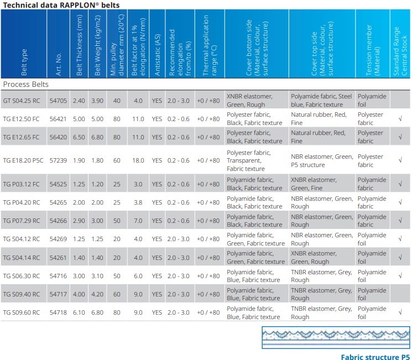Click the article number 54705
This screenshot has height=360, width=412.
click(x=58, y=101)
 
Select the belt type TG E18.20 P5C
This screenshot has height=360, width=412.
click(x=23, y=160)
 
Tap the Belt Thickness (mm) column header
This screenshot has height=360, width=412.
click(x=79, y=45)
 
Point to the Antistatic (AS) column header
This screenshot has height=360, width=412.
click(x=157, y=55)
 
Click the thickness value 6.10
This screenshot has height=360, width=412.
click(x=79, y=312)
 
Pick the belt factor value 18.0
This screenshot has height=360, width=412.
click(x=138, y=160)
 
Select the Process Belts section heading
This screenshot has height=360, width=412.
click(x=26, y=84)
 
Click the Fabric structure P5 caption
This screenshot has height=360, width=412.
click(x=375, y=357)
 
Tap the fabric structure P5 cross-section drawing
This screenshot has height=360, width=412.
click(x=336, y=337)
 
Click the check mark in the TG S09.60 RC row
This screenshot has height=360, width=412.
click(x=400, y=312)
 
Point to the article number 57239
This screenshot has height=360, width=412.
click(x=58, y=160)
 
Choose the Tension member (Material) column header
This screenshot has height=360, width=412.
click(x=373, y=50)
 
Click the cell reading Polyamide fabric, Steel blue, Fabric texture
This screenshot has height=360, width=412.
click(x=321, y=101)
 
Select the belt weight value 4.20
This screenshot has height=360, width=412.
click(x=97, y=294)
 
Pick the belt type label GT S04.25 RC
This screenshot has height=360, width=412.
click(x=22, y=101)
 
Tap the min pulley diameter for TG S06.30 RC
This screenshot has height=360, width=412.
click(x=117, y=276)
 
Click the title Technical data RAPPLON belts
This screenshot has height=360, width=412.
click(x=61, y=5)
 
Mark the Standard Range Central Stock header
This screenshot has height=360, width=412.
click(x=400, y=51)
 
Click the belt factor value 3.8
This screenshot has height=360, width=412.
click(x=138, y=202)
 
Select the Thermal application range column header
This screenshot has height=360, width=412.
click(x=210, y=45)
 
